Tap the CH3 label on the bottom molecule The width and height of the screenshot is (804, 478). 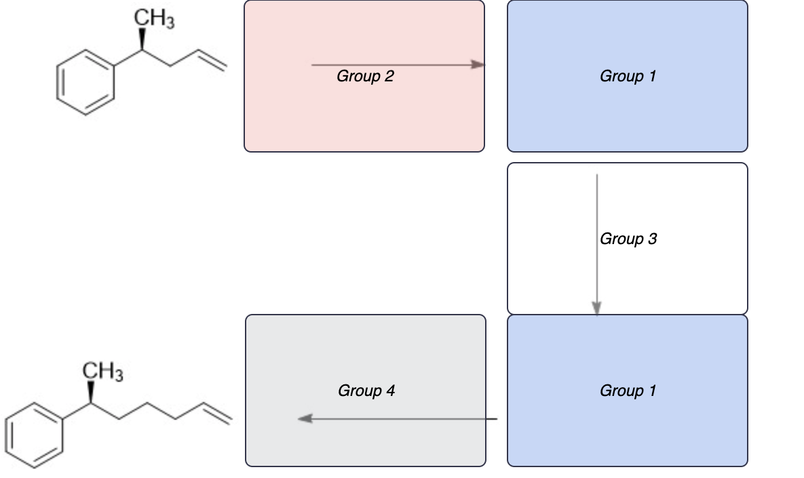(x=102, y=372)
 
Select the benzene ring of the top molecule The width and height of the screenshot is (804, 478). (x=85, y=86)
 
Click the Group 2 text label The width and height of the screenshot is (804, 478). (x=365, y=77)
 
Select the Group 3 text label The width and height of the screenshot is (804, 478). (x=628, y=239)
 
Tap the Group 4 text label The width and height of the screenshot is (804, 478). (x=366, y=391)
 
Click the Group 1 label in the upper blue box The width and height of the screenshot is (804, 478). (x=628, y=77)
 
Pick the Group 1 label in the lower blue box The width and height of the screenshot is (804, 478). (x=628, y=391)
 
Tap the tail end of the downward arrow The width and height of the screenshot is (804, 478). (x=597, y=176)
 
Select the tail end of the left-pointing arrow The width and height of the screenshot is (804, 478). (x=496, y=419)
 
